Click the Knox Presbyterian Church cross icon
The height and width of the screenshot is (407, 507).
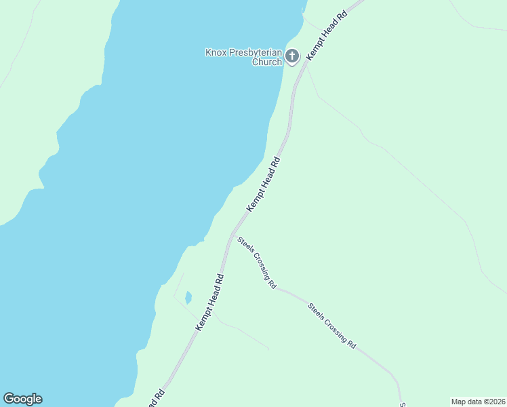point(292,56)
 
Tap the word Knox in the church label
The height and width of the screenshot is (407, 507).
point(216,52)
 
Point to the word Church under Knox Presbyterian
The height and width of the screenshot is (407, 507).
point(266,62)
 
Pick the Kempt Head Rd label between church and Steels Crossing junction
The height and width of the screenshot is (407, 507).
point(263,185)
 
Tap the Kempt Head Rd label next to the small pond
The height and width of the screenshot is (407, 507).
point(210,303)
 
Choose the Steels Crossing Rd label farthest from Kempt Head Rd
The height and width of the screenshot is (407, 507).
point(332,326)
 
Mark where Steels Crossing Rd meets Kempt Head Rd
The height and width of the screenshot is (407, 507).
point(232,233)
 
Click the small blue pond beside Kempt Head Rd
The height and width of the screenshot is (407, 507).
point(188,298)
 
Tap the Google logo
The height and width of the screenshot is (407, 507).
point(23,399)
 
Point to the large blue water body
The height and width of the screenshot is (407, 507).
point(136,170)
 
